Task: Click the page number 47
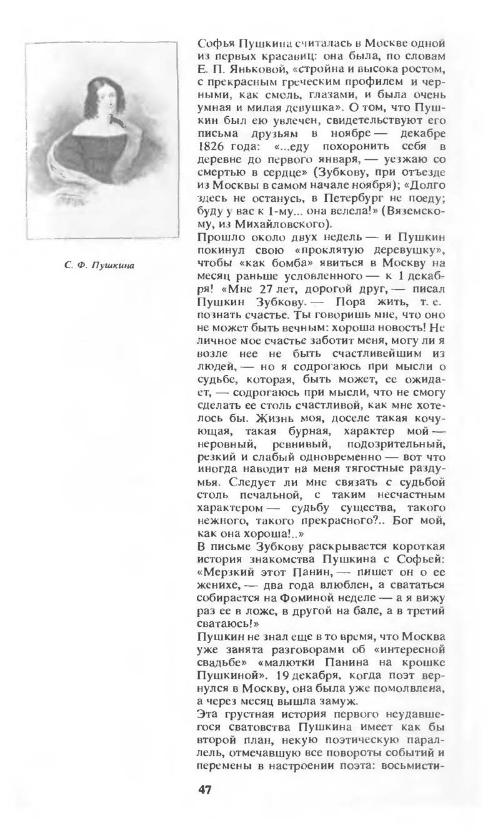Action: (x=205, y=789)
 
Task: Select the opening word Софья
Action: (x=214, y=43)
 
